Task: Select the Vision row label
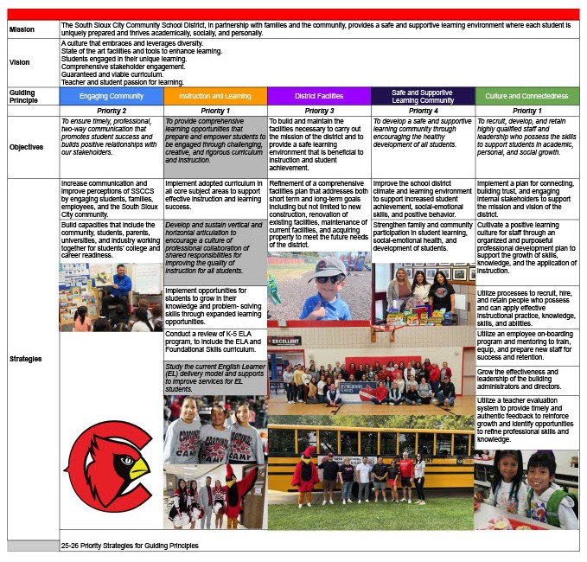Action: tap(20, 62)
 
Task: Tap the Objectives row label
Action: tap(27, 147)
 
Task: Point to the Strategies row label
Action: tap(25, 359)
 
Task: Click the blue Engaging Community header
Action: tap(112, 96)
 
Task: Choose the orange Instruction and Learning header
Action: tap(215, 96)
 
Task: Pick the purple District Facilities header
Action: tap(319, 96)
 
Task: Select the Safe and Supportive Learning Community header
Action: tap(423, 96)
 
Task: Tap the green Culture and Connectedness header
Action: tap(526, 96)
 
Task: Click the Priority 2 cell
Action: tap(112, 112)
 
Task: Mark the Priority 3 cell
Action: tap(319, 112)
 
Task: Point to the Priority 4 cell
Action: tap(423, 112)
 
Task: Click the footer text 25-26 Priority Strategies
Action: tap(130, 546)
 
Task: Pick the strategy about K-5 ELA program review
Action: tap(215, 344)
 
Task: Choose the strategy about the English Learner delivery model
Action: tap(215, 379)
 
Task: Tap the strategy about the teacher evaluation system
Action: tap(526, 420)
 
